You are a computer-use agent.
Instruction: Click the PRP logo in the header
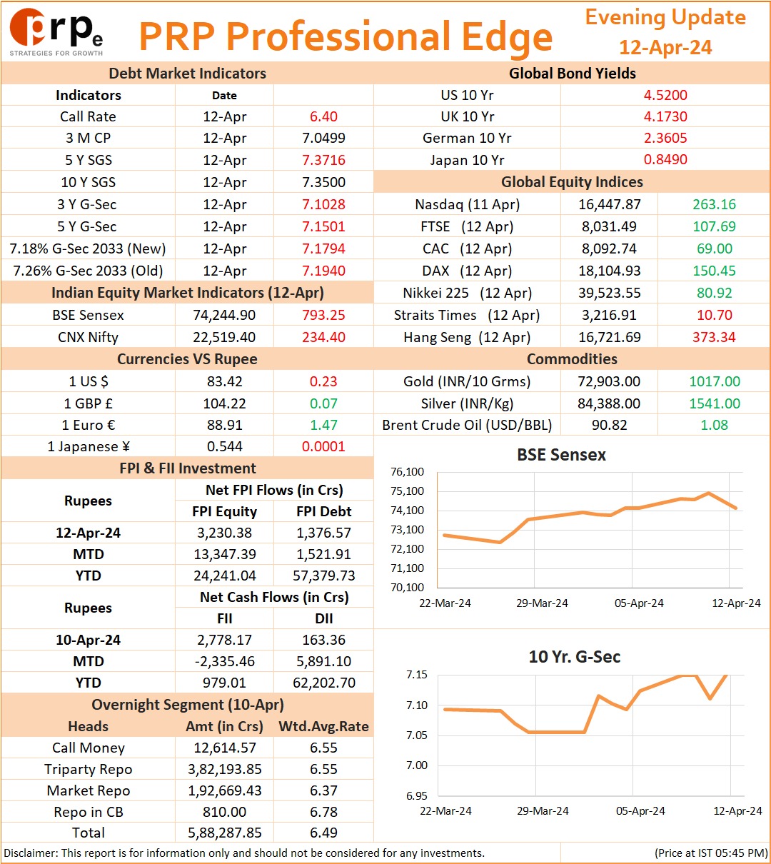[56, 32]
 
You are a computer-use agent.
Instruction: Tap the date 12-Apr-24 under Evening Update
[665, 47]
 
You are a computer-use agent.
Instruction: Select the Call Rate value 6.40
[323, 116]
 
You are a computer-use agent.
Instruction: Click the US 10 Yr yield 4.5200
[665, 95]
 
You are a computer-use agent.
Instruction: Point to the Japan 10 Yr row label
[467, 160]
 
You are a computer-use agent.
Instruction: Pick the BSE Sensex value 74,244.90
[224, 315]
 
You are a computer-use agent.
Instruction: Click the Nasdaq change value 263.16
[715, 204]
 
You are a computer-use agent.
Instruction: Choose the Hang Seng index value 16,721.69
[610, 337]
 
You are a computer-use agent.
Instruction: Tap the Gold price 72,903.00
[609, 381]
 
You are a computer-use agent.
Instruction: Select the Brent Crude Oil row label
[467, 425]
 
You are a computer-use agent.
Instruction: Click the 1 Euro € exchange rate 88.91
[225, 425]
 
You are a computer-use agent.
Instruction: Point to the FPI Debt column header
[324, 511]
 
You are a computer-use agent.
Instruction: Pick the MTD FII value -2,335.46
[225, 661]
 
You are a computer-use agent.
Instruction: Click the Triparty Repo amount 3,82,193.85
[225, 769]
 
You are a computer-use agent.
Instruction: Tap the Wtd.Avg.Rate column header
[323, 726]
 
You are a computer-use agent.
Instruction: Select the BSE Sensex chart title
[561, 455]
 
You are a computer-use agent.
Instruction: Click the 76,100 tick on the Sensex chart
[407, 472]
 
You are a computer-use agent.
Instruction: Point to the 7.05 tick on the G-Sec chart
[417, 735]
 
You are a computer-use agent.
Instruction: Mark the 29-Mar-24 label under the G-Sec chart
[543, 810]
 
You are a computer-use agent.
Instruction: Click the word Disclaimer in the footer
[30, 853]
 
